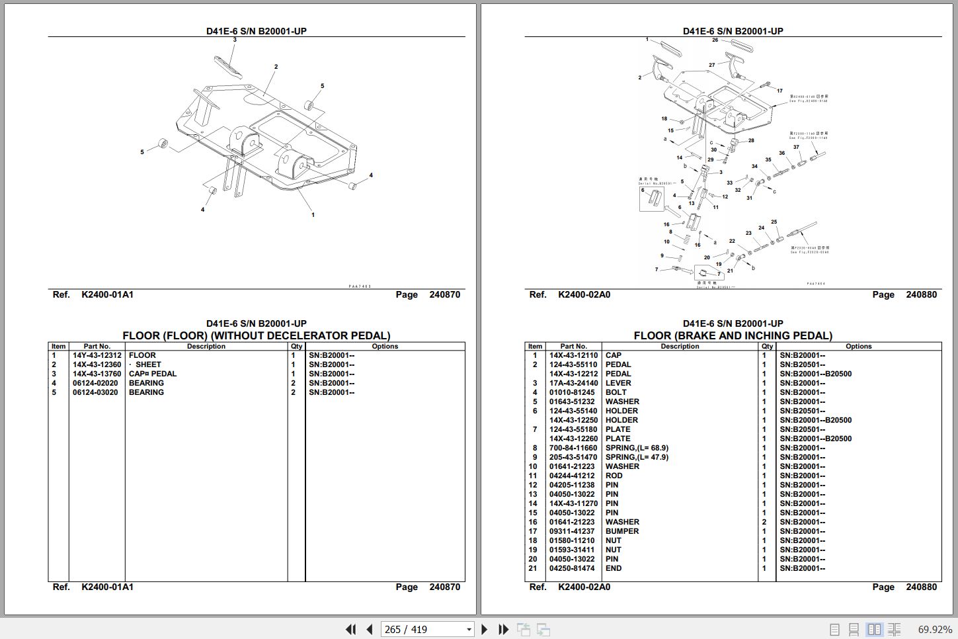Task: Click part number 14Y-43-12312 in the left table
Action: coord(97,355)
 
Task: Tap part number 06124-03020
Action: coord(95,392)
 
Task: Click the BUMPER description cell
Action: coord(622,531)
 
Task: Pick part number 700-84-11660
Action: coord(572,448)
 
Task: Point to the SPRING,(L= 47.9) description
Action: coord(637,457)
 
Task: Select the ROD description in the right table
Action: coord(614,476)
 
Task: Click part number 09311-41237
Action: coord(572,531)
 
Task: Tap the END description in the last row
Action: coord(614,568)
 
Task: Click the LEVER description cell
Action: coord(618,383)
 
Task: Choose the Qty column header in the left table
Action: coord(296,346)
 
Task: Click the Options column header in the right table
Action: coord(858,346)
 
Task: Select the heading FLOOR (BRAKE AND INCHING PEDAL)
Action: coord(733,335)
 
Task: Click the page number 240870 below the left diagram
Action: coord(444,294)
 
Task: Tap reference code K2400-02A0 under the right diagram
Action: coord(584,294)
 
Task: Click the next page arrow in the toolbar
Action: coord(485,629)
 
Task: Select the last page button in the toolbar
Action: coord(503,629)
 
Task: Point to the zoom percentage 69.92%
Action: coord(935,629)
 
